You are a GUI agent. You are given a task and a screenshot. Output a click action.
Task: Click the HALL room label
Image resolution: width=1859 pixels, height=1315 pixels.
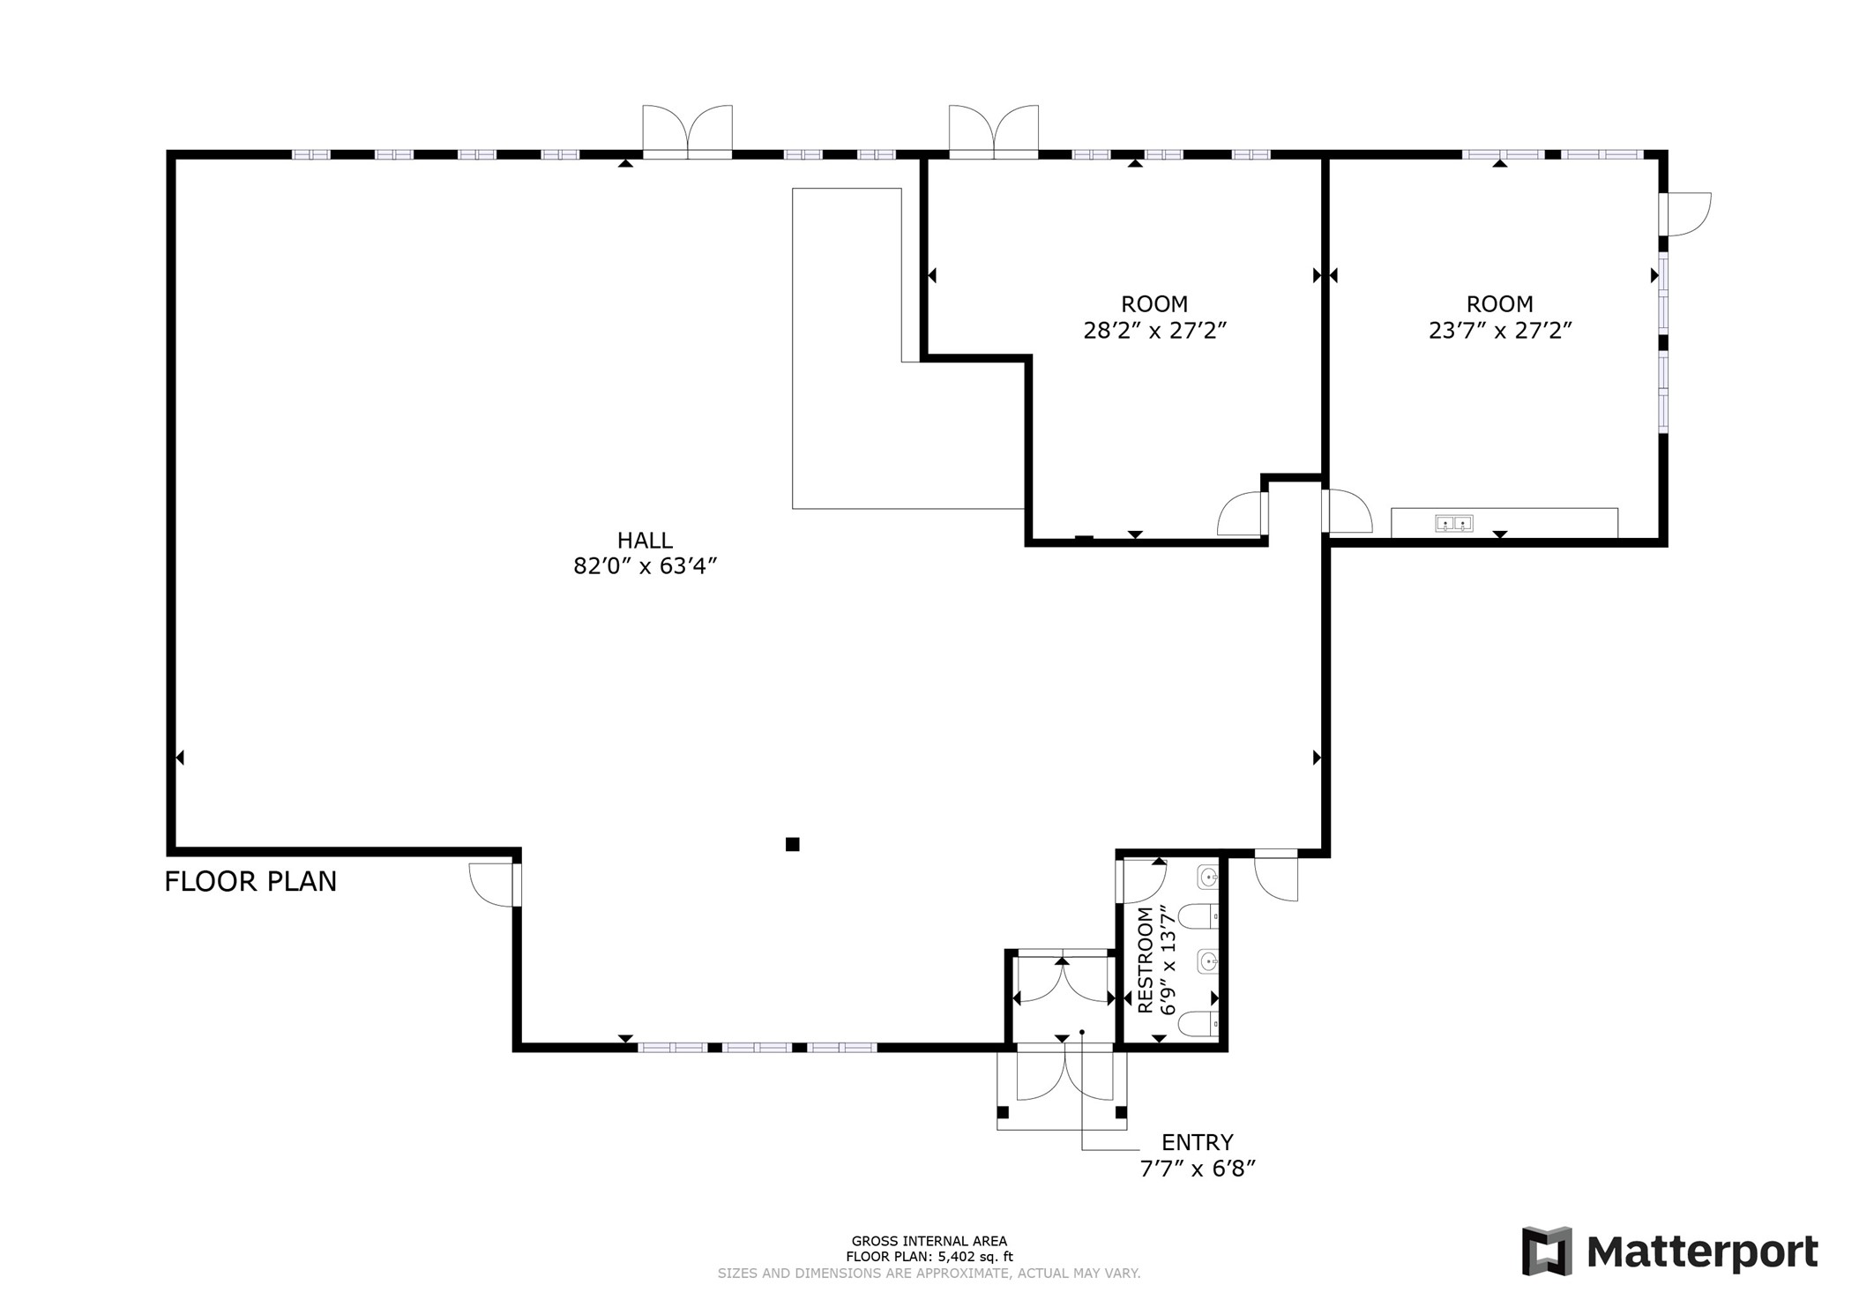click(645, 540)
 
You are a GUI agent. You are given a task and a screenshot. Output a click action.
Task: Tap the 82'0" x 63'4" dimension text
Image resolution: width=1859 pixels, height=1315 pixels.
click(645, 566)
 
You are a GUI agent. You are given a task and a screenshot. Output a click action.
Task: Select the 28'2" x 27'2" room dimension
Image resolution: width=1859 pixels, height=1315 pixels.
click(1154, 331)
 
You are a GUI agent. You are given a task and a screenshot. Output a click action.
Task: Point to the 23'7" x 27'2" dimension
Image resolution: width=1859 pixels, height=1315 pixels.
click(1500, 331)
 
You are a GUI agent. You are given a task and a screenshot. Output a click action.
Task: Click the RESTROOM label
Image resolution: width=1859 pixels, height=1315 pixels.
click(1146, 960)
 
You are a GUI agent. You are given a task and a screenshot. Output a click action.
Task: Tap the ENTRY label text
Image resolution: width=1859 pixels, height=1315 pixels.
click(1197, 1143)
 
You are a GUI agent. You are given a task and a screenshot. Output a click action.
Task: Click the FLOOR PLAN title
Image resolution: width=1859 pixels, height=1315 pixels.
click(250, 881)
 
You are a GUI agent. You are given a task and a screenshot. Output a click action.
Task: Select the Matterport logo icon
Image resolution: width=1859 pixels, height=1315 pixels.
click(1547, 1251)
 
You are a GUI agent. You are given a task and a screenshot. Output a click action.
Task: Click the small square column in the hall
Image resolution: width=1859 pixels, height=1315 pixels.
click(792, 844)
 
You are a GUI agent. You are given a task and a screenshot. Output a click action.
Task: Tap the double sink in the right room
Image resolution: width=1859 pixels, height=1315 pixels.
click(1453, 524)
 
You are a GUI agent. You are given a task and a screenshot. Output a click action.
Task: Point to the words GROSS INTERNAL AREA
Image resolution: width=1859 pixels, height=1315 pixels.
click(929, 1241)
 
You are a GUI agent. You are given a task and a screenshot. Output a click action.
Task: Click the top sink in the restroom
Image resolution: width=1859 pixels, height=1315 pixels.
click(1208, 878)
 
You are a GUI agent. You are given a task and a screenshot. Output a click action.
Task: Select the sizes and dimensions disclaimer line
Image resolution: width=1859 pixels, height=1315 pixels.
click(929, 1273)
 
